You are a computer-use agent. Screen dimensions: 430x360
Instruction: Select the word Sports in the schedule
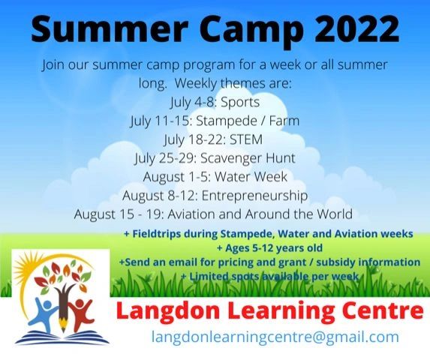pos(240,103)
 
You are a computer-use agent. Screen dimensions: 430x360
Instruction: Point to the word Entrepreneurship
pos(254,196)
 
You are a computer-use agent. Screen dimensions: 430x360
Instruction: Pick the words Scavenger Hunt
pos(248,159)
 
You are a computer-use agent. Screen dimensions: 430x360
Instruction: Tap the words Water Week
pos(251,177)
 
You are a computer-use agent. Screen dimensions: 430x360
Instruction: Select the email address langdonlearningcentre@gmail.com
pos(275,337)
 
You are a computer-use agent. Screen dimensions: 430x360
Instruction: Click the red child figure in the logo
pos(81,312)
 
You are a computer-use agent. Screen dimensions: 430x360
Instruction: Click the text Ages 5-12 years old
pos(269,248)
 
